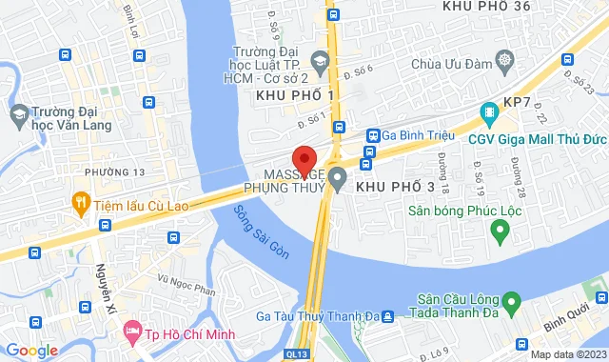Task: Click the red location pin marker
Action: point(304,160)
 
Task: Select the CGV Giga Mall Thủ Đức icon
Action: point(489,113)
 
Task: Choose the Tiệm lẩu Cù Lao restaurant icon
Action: point(82,202)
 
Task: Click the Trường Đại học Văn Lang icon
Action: point(18,115)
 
